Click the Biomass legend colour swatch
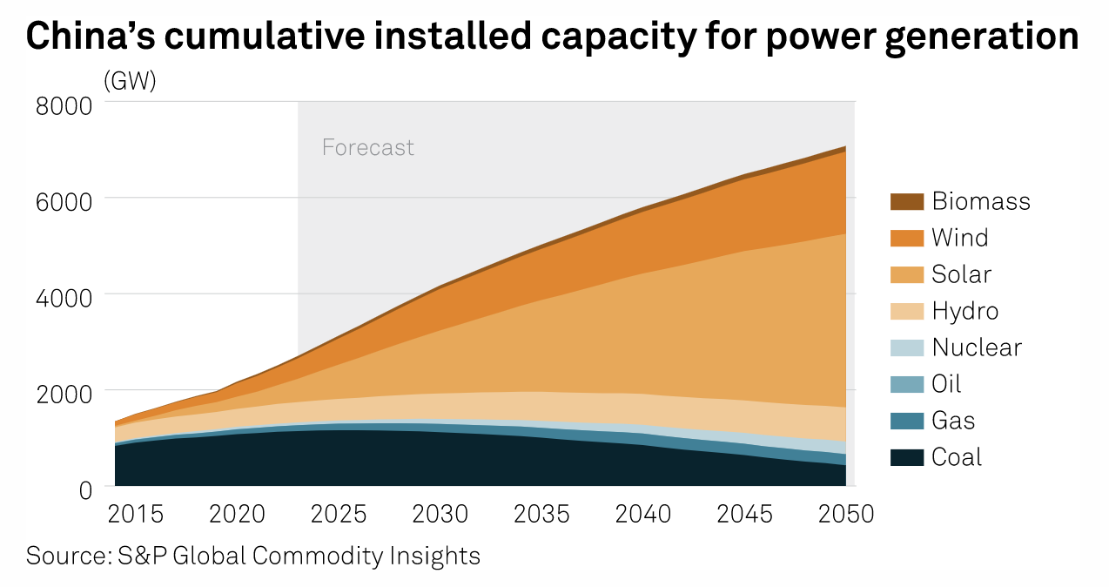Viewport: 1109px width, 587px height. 906,201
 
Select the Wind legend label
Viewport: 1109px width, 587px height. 959,238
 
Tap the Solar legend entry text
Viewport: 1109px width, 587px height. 961,274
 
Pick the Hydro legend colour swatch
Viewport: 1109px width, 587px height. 906,311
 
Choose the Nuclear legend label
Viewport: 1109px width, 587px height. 976,347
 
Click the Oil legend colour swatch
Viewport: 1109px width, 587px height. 906,384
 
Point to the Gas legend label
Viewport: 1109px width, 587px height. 953,421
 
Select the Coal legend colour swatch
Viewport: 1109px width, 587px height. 906,457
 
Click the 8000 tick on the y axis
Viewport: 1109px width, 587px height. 63,106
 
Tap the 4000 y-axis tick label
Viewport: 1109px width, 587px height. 63,298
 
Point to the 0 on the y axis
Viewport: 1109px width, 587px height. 84,489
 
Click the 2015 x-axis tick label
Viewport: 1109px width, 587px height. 135,514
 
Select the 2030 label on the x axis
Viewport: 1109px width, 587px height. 441,514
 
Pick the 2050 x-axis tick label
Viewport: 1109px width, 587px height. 845,514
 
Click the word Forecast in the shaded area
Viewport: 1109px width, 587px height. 367,147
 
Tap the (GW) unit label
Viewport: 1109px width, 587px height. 130,81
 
